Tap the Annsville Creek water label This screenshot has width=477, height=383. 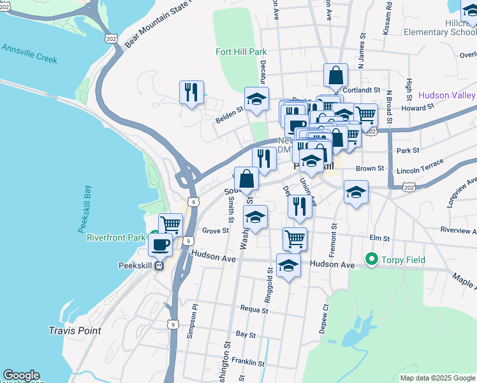pyautogui.click(x=29, y=54)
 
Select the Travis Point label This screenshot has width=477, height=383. pyautogui.click(x=75, y=331)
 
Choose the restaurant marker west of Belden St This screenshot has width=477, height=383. pyautogui.click(x=191, y=93)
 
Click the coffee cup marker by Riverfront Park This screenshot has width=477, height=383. pyautogui.click(x=160, y=243)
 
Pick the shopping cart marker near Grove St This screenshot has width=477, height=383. pyautogui.click(x=170, y=224)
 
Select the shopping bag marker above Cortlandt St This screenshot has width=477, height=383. pyautogui.click(x=335, y=75)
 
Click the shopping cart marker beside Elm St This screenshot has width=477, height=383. pyautogui.click(x=295, y=239)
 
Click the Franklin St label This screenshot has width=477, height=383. pyautogui.click(x=248, y=363)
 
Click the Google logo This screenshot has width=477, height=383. pyautogui.click(x=21, y=375)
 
